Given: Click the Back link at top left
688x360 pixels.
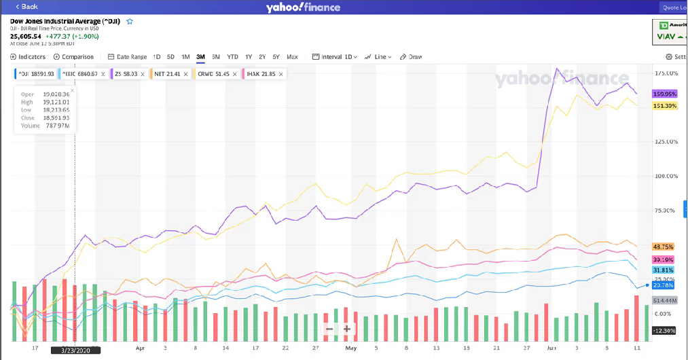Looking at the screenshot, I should (27, 7).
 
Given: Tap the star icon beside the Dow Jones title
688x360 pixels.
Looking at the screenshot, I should (130, 22).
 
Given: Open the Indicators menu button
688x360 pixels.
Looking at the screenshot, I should (29, 57).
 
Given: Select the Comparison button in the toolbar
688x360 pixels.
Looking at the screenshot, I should (73, 57).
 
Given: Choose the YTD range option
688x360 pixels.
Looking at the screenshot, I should (232, 57).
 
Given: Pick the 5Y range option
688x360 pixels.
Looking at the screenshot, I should (276, 57).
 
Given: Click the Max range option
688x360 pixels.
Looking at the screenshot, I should (292, 57).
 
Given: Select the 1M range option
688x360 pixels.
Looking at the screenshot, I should (185, 57).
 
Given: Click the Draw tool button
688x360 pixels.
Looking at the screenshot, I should (412, 57).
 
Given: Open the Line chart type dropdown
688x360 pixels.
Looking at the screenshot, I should (378, 57).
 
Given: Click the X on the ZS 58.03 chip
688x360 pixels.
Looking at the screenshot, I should (144, 73).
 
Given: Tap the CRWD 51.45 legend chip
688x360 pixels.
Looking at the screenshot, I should (212, 73).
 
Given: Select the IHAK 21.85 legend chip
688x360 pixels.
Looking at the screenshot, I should (259, 73).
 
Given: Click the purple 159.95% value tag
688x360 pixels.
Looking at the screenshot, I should (664, 94).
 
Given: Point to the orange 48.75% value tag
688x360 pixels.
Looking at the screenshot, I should (663, 247).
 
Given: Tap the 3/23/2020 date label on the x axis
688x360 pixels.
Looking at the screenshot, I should (75, 350).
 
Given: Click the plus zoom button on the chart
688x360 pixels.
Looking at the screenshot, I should (347, 329).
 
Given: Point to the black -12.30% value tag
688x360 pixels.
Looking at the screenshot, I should (663, 330).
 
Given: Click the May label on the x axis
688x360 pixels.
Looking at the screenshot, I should (350, 347).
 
